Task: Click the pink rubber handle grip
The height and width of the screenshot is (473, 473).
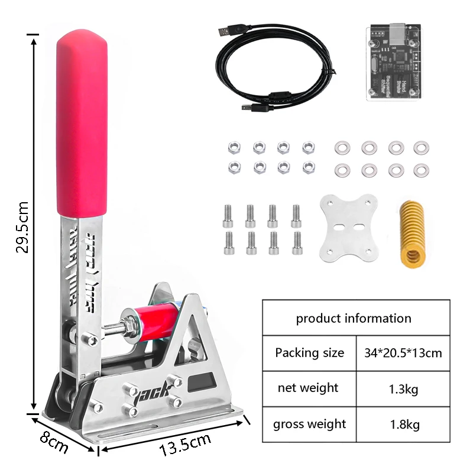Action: (82, 124)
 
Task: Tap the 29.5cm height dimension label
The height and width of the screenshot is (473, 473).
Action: (22, 227)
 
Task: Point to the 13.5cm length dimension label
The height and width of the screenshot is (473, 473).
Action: (185, 444)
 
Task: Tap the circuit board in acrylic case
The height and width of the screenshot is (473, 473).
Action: (393, 62)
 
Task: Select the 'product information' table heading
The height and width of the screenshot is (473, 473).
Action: (354, 318)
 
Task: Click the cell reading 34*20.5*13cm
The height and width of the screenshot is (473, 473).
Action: (403, 353)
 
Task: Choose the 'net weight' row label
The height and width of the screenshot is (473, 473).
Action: (308, 388)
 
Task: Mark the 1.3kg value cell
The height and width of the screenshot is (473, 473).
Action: (403, 389)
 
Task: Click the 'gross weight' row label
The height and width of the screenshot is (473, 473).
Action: (309, 424)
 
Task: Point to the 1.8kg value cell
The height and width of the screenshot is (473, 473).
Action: (403, 425)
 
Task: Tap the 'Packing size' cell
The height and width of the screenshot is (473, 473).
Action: (309, 353)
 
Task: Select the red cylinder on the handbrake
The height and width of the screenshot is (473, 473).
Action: (155, 325)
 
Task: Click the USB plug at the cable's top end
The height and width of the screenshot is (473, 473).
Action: (228, 31)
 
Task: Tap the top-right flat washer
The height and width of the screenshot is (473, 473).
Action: (421, 147)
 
